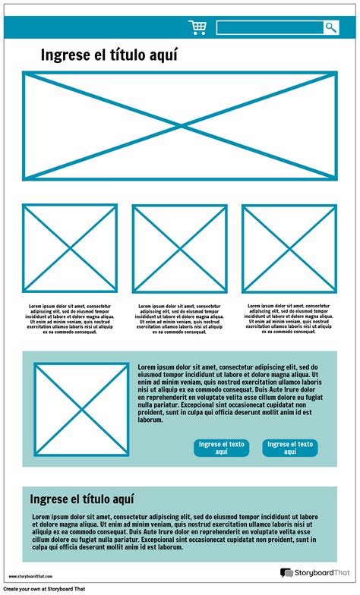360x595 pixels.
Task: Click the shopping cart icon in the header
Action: (x=197, y=28)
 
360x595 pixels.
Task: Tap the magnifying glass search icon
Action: (x=331, y=28)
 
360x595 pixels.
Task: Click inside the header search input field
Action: (x=269, y=28)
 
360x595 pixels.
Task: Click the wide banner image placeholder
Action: (x=179, y=126)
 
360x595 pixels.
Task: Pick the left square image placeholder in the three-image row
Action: (x=69, y=248)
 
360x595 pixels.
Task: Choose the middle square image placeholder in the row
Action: (x=179, y=248)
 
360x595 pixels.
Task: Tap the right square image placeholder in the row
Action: (x=289, y=248)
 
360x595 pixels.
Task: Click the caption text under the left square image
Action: (x=69, y=319)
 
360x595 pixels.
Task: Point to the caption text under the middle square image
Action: (x=179, y=319)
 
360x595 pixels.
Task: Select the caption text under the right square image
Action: (x=289, y=318)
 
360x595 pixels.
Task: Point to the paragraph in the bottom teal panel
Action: (x=179, y=533)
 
